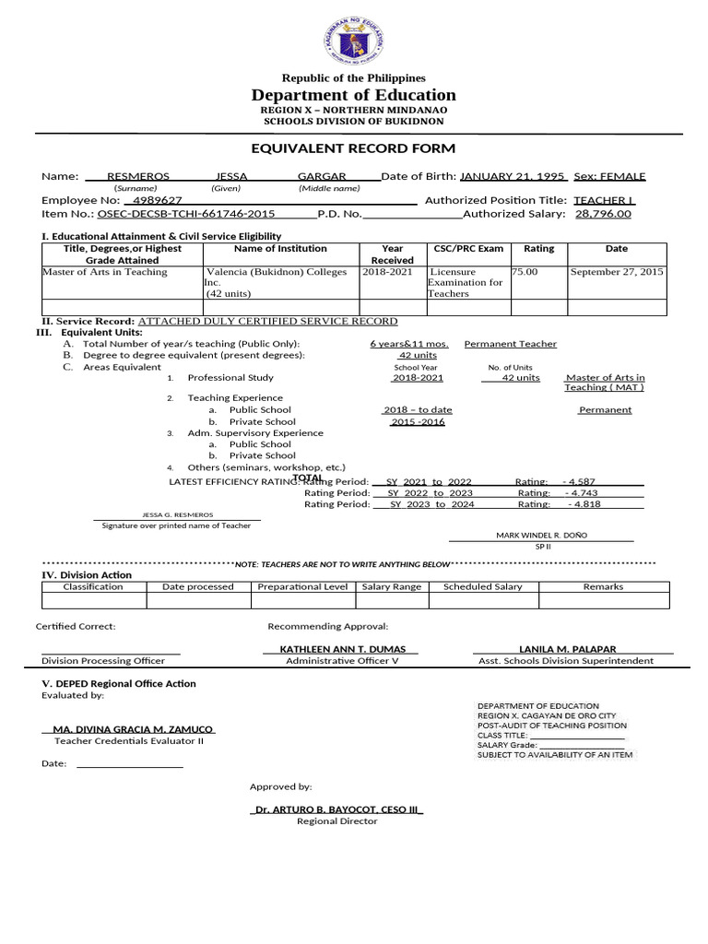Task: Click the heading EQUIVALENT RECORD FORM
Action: [353, 148]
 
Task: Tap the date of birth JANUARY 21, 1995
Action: [513, 176]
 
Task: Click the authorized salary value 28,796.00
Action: [603, 214]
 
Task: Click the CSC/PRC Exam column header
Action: [468, 249]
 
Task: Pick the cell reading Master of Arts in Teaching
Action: [105, 272]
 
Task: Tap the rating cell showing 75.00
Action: [525, 272]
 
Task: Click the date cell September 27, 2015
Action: [617, 272]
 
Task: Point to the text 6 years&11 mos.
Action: [409, 344]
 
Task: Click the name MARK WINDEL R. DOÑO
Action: [541, 536]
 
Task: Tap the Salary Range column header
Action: [392, 586]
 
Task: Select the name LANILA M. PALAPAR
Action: [568, 649]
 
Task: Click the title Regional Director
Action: [336, 821]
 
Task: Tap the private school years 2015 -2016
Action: [418, 421]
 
